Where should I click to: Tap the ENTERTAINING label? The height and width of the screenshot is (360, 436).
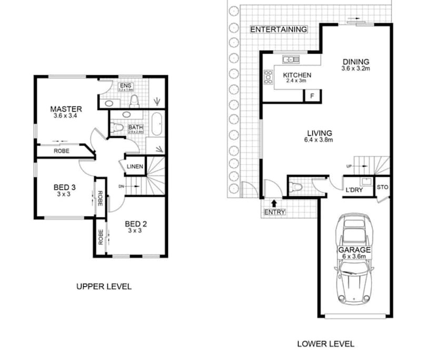(x=278, y=29)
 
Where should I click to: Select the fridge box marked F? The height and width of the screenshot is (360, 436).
(x=312, y=96)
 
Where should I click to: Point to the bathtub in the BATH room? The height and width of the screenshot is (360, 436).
(x=156, y=124)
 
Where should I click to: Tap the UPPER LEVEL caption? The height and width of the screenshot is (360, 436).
(x=104, y=287)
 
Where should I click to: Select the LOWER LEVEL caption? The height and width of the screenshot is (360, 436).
(x=325, y=344)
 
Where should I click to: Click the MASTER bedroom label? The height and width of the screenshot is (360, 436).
(x=66, y=109)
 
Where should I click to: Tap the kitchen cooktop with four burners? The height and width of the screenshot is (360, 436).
(x=269, y=77)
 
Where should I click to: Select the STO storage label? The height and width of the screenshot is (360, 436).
(x=383, y=187)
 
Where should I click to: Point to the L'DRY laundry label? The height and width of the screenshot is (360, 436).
(x=354, y=190)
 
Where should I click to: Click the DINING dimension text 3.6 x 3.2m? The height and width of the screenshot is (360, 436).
(x=355, y=68)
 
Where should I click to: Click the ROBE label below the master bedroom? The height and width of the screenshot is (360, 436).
(x=61, y=151)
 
